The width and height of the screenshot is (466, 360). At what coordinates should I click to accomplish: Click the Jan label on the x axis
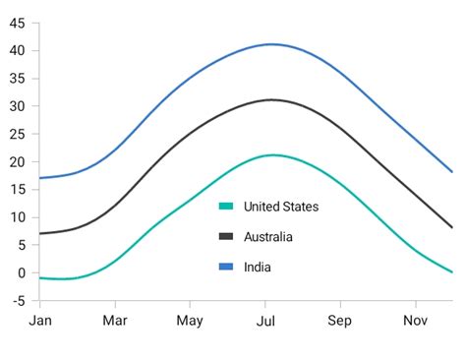coord(40,321)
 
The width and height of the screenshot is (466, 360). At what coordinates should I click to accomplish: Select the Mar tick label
coord(115,321)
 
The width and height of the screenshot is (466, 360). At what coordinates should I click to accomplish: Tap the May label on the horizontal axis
coord(190,321)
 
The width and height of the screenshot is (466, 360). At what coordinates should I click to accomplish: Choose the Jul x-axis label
coord(265,321)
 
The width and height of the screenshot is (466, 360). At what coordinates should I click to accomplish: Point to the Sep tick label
coord(340,321)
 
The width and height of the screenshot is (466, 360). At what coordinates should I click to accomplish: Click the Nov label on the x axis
coord(416,321)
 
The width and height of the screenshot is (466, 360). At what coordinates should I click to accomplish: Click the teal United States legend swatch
coord(226,207)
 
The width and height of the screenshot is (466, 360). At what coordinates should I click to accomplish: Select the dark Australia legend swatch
coord(226,236)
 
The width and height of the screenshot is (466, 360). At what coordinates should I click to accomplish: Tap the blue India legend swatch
coord(226,267)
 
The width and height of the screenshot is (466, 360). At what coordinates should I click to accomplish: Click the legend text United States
coord(281,207)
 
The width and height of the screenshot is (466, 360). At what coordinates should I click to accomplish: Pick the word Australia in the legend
coord(268,236)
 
